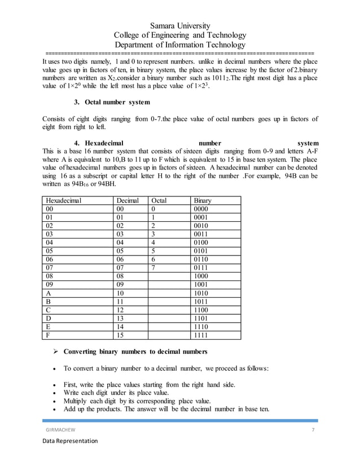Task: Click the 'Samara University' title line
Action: click(180, 26)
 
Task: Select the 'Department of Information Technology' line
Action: click(180, 45)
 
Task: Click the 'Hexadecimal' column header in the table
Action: click(64, 200)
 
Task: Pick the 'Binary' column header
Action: click(203, 200)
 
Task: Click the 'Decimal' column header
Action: click(128, 200)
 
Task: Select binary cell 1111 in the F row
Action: click(201, 336)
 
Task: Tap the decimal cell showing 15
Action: click(120, 336)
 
